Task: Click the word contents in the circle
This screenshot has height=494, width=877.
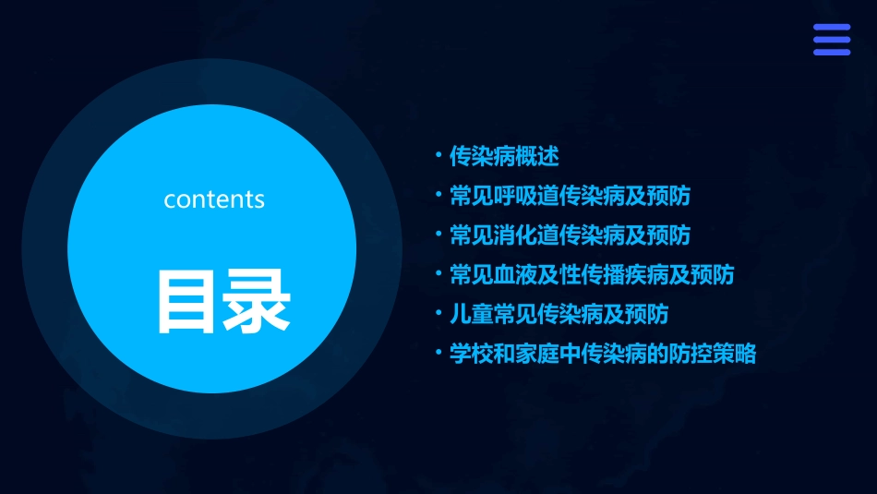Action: [x=214, y=199]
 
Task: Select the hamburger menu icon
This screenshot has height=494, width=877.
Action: [x=832, y=40]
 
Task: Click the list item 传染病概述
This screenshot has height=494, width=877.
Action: [x=504, y=156]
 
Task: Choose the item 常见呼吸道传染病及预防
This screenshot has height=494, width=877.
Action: [x=570, y=196]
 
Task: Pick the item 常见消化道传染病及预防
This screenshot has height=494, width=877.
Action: [x=570, y=235]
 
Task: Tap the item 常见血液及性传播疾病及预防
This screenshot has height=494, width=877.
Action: [x=592, y=275]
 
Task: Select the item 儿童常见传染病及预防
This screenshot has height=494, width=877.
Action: [x=559, y=315]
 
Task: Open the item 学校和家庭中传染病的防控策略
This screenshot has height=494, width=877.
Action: [x=603, y=355]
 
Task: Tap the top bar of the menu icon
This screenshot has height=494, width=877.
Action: [x=832, y=28]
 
